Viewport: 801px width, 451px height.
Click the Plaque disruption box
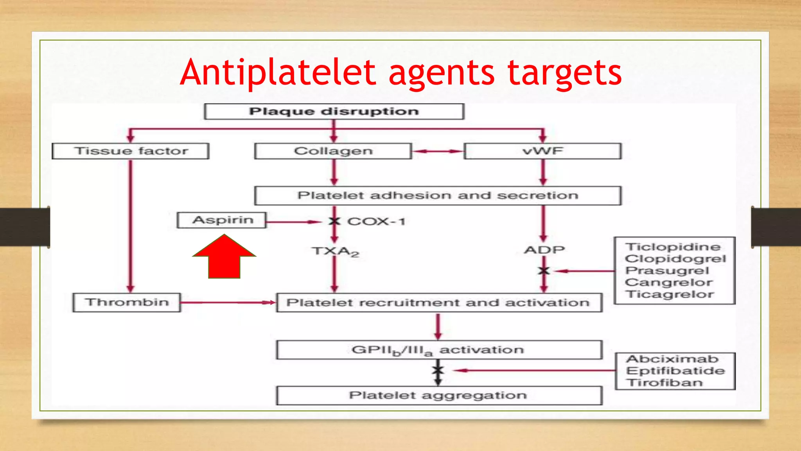(x=334, y=112)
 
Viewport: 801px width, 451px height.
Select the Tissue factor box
(x=131, y=151)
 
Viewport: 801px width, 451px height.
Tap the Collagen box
(x=333, y=151)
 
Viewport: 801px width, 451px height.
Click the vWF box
(x=542, y=151)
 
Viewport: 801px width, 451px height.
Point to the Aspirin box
(x=222, y=220)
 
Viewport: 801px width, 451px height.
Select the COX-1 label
(x=376, y=222)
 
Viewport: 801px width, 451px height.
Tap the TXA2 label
(x=335, y=251)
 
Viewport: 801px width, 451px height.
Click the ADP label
(x=544, y=250)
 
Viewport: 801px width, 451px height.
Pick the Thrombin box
(x=127, y=302)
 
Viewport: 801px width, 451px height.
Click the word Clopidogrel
(x=675, y=259)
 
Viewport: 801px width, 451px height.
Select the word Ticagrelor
(x=670, y=294)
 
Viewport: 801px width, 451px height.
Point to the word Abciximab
(x=672, y=359)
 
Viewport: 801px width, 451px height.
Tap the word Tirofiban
(x=665, y=382)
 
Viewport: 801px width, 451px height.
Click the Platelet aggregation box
(x=438, y=395)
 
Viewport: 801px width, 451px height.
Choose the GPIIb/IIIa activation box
(x=438, y=350)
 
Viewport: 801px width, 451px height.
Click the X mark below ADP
(x=544, y=271)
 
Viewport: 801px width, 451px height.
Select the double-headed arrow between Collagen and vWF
(x=438, y=151)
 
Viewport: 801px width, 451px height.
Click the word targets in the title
(x=564, y=73)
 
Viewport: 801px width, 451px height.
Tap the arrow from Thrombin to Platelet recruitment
(x=228, y=302)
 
